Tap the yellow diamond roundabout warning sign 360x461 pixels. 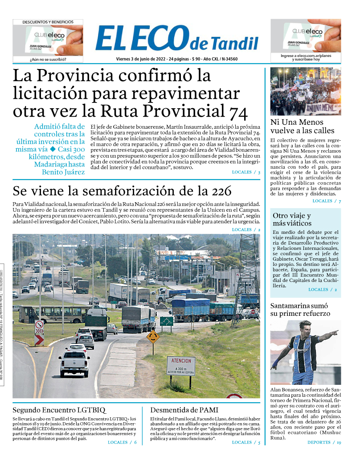tap(153, 337)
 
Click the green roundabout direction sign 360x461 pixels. tap(167, 321)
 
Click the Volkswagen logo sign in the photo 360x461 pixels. tap(209, 269)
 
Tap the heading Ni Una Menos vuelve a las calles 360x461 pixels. tap(302, 126)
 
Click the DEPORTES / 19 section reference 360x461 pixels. tap(324, 442)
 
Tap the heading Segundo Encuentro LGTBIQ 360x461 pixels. tap(59, 410)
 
